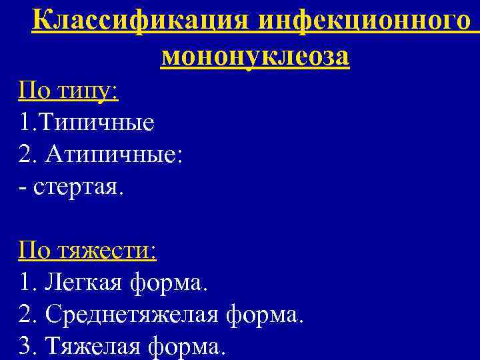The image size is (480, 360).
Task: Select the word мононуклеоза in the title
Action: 255,57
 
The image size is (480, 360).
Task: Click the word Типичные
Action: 96,122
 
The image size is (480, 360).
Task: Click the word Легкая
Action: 83,283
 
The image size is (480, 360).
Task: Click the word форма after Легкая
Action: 169,283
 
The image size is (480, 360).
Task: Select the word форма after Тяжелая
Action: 188,347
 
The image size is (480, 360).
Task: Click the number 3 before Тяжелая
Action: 25,347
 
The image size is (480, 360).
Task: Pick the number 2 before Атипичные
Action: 25,155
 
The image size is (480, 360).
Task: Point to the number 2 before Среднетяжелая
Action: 25,315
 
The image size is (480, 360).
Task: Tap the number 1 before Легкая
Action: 25,283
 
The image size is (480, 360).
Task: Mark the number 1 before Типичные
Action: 25,122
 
